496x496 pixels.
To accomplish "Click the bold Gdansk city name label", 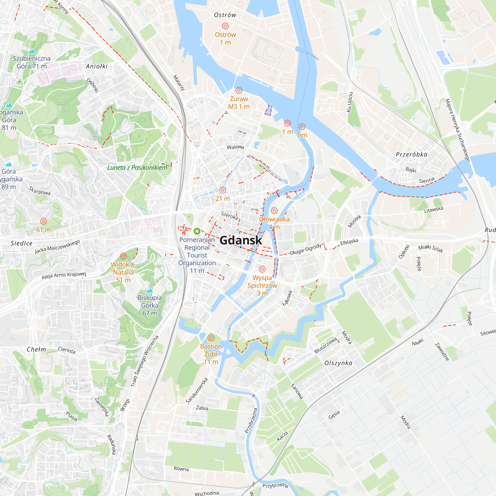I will click(241, 240).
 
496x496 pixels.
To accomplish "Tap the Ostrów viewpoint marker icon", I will click(225, 26).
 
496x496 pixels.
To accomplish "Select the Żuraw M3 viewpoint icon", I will click(239, 90).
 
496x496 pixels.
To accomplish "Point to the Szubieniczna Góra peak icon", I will click(31, 51).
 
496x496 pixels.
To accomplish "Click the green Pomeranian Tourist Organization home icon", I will click(197, 231).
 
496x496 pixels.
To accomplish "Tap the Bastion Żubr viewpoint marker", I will click(211, 338).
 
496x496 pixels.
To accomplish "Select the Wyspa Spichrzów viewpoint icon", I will click(262, 269).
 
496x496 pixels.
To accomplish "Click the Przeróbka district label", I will click(411, 155).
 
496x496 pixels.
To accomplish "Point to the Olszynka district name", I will click(338, 363).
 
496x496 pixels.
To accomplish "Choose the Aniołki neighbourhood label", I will click(96, 66).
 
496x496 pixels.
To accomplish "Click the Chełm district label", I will click(36, 350).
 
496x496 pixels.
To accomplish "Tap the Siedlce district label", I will click(22, 243).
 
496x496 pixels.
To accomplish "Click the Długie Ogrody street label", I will click(306, 249).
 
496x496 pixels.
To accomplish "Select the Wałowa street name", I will click(235, 147).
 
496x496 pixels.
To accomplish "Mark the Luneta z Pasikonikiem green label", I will click(137, 168).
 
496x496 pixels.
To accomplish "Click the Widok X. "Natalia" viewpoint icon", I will click(123, 256).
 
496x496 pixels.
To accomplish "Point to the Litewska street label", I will click(434, 210).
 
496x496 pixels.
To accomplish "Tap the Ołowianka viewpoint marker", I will click(274, 211).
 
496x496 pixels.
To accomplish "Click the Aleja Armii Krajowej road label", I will click(64, 275).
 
